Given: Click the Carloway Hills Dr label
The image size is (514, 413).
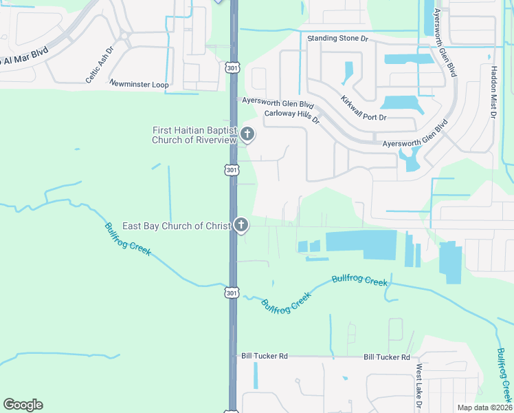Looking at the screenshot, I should [x=292, y=116].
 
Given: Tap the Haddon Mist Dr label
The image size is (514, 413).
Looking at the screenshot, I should [x=493, y=92].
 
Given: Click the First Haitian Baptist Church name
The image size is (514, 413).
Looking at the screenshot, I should [x=194, y=134].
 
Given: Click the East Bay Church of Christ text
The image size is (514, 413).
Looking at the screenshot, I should [x=177, y=226].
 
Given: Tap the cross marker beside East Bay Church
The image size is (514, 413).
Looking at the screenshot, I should [x=241, y=225].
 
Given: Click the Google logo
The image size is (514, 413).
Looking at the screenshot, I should [x=23, y=405].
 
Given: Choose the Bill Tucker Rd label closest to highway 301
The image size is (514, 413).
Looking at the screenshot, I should [x=264, y=356].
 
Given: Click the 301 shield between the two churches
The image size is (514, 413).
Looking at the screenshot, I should [x=232, y=169].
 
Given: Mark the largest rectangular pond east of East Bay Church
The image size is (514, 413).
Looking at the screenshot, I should [x=361, y=244].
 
